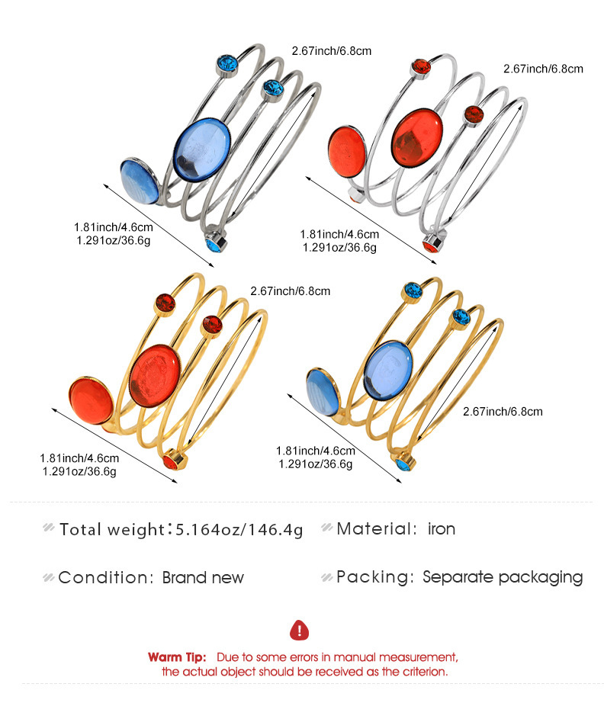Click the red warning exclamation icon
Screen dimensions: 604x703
(299, 630)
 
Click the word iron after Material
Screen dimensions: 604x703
(442, 529)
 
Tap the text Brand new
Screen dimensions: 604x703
(203, 577)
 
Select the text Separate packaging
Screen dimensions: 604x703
(503, 577)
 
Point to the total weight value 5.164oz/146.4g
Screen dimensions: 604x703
(239, 530)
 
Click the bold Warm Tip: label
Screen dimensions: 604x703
(177, 657)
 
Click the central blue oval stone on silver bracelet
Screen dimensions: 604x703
(202, 149)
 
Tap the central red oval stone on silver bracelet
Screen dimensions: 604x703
(417, 137)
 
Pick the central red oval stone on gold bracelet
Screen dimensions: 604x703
(155, 376)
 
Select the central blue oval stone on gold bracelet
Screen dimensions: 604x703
(388, 370)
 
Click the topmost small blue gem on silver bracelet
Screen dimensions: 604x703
(227, 66)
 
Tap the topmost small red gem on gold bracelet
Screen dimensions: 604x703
(165, 304)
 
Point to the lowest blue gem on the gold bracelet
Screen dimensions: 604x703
(405, 463)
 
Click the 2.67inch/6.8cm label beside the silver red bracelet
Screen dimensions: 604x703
(543, 69)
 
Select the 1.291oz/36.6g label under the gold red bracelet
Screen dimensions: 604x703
(79, 472)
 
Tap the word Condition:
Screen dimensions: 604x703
(106, 577)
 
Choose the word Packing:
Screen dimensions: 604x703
(375, 577)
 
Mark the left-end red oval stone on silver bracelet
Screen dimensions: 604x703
(347, 152)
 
